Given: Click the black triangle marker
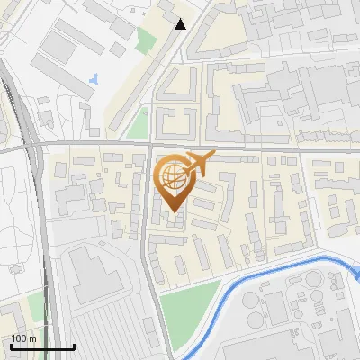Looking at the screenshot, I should tap(181, 24).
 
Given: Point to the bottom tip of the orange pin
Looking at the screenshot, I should tap(173, 212).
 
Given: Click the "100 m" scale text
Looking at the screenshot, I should tap(23, 338).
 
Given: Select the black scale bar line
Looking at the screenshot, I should tap(42, 346).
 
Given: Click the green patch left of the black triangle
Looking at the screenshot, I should tap(146, 40).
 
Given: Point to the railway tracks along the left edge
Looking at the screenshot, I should tap(11, 99).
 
